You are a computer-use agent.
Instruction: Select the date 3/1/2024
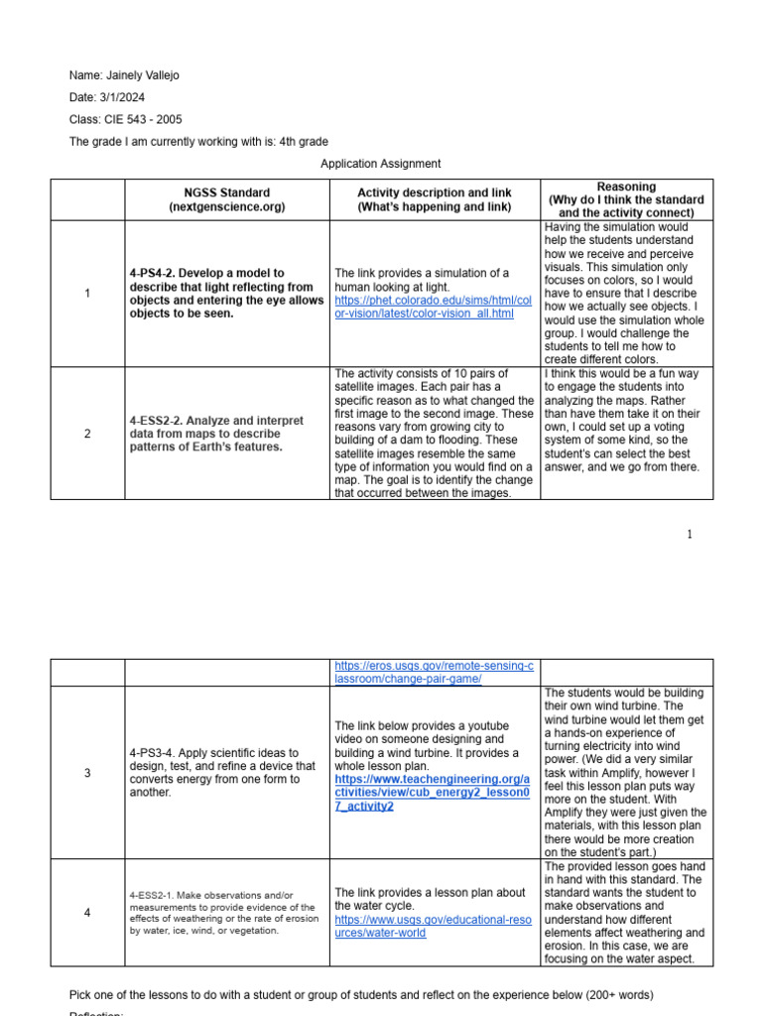pyautogui.click(x=127, y=97)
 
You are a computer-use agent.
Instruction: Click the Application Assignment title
pyautogui.click(x=381, y=164)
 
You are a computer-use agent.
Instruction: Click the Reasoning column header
pyautogui.click(x=626, y=199)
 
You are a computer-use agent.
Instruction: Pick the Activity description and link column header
pyautogui.click(x=435, y=199)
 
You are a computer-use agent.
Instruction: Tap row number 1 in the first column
pyautogui.click(x=87, y=294)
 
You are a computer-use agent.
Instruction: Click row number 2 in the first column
pyautogui.click(x=87, y=434)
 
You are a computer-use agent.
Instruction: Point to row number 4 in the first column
pyautogui.click(x=87, y=913)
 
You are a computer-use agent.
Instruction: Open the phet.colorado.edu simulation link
pyautogui.click(x=434, y=307)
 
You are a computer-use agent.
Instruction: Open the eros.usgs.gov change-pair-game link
pyautogui.click(x=434, y=672)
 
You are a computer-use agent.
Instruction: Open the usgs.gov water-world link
pyautogui.click(x=434, y=927)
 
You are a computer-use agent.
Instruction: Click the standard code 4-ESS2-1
pyautogui.click(x=155, y=896)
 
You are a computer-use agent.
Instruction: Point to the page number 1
pyautogui.click(x=690, y=535)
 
